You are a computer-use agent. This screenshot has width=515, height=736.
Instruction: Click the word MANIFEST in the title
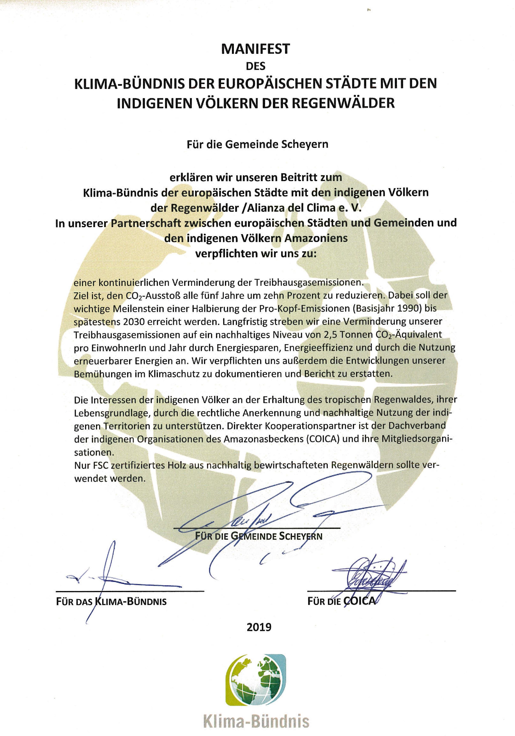pos(255,49)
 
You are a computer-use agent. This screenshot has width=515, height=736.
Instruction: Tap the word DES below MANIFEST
pos(255,66)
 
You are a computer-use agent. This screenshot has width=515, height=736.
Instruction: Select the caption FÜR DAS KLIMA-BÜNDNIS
pos(111,601)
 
